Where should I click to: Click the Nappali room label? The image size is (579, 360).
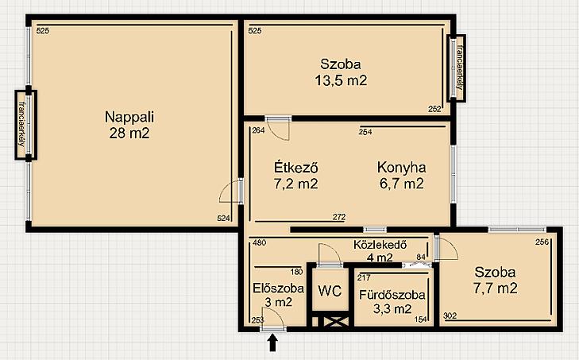pos(129,117)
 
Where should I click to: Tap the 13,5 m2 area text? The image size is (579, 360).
pos(341,80)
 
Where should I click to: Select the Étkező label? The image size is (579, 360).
pos(296,168)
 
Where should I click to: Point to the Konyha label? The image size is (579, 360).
pos(401,168)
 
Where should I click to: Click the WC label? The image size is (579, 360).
pos(330,291)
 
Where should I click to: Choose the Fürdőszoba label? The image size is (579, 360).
pos(392,295)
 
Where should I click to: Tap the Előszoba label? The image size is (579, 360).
pos(279,288)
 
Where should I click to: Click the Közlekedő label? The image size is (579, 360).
pos(380,245)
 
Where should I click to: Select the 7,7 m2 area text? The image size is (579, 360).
pos(495,288)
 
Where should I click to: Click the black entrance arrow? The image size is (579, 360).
pos(272,343)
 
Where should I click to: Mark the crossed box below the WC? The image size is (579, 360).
pos(336,321)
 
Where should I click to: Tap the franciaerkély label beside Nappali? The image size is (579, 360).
pos(21,124)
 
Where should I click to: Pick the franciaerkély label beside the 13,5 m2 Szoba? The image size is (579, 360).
pos(460,68)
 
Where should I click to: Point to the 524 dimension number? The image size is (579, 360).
pos(223,219)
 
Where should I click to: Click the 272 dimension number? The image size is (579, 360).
pos(339,217)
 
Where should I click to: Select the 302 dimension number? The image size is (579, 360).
pos(450,315)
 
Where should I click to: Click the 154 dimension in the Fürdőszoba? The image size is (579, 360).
pos(421,319)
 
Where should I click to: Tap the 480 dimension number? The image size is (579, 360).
pos(260,243)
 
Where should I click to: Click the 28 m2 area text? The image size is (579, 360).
pos(129,133)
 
